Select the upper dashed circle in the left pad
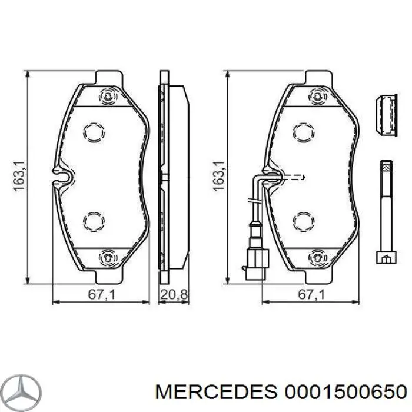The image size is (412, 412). pos(93,132)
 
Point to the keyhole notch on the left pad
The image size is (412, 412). pos(61,175)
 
